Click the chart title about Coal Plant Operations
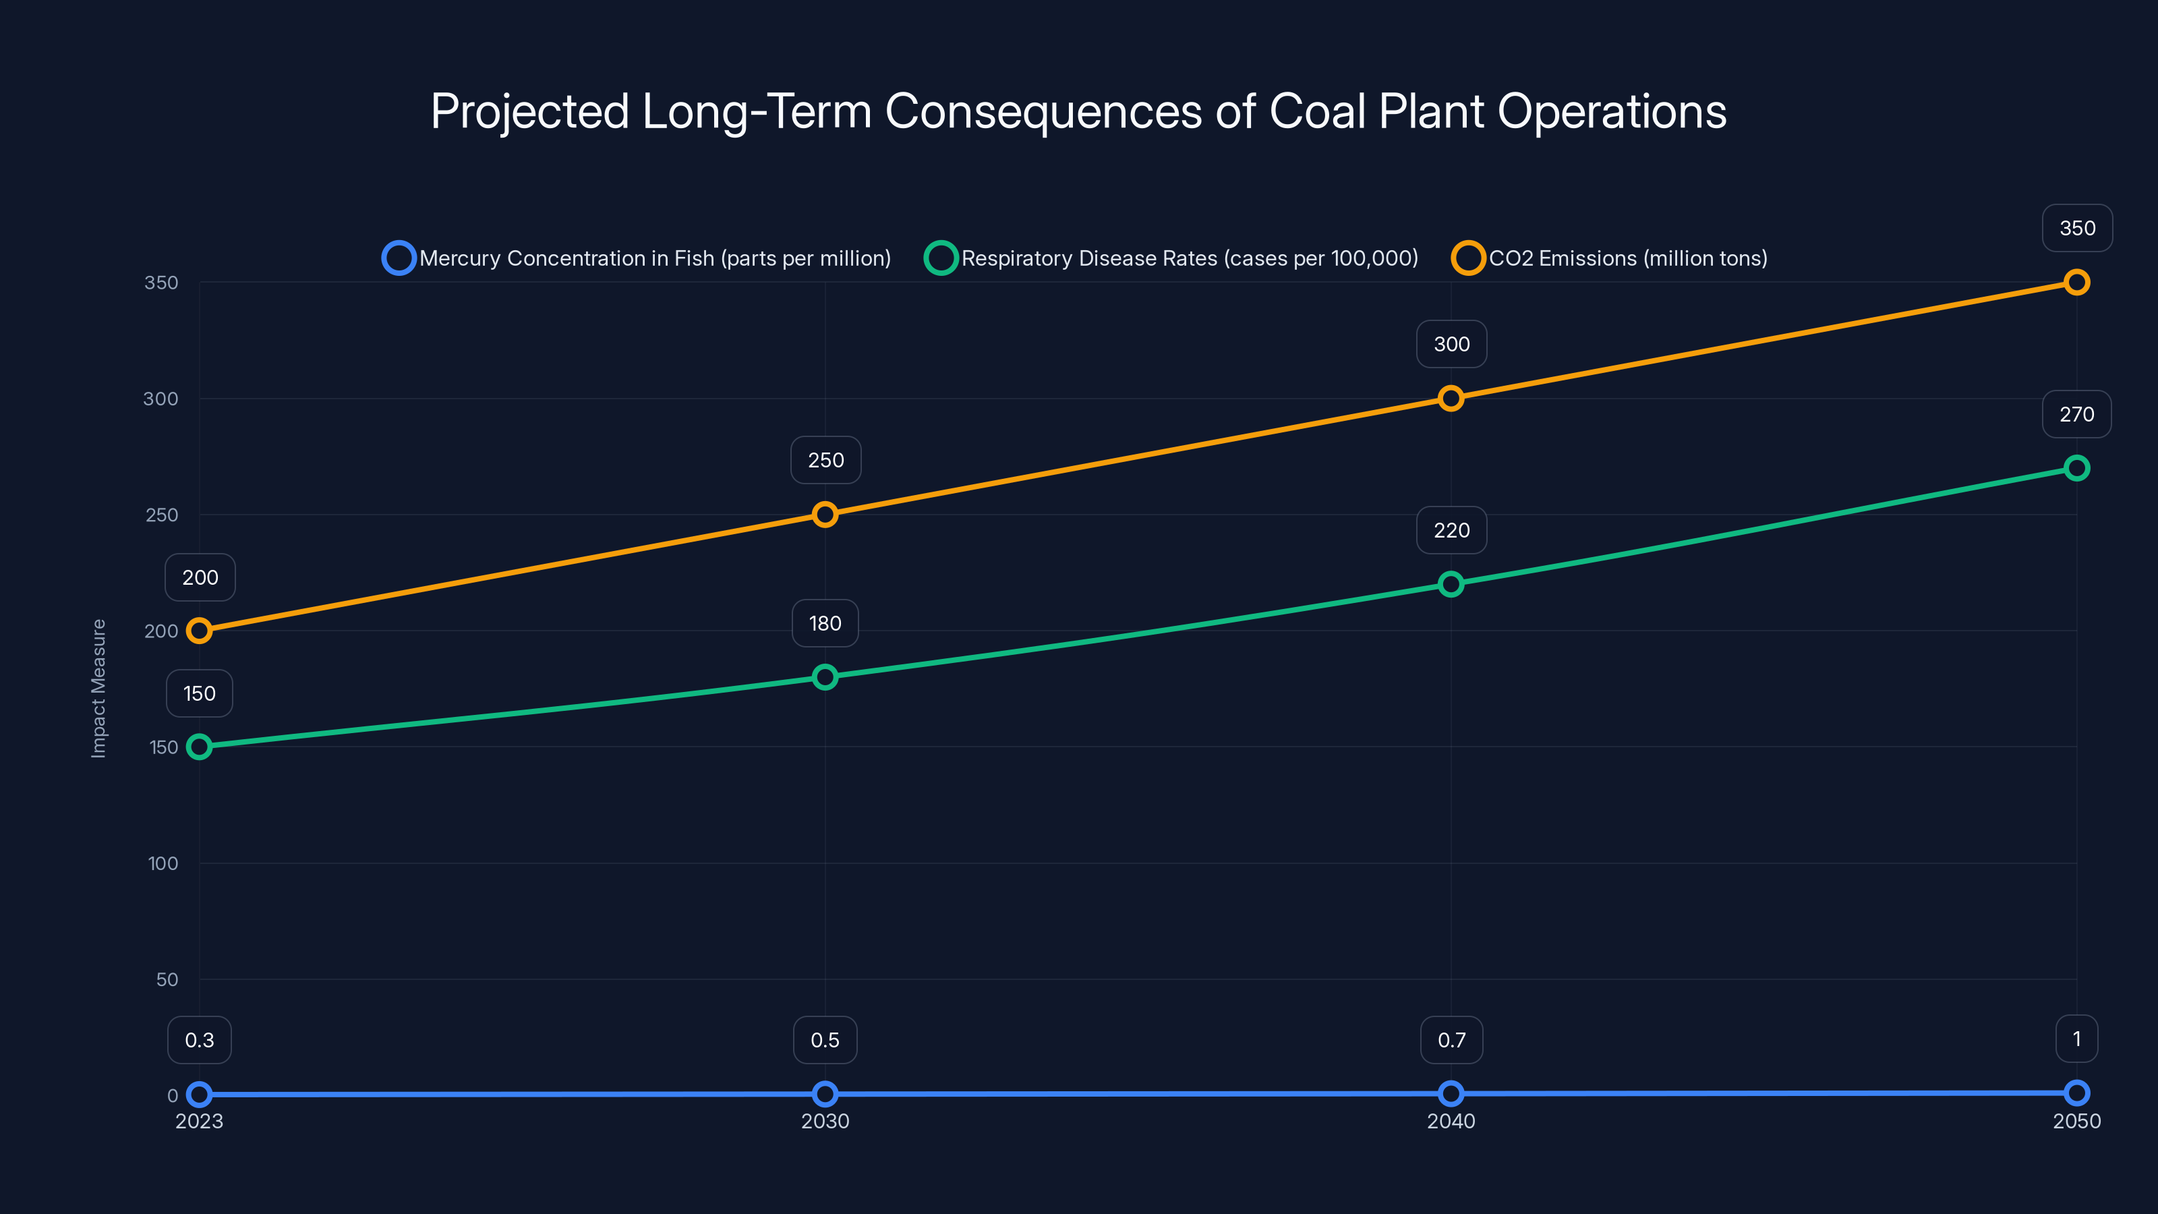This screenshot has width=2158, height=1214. coord(1078,111)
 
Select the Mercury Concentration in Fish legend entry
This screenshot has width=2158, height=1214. coord(637,258)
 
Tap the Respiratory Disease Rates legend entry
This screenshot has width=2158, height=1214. coord(1171,258)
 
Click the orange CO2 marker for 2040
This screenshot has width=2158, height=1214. coord(1451,398)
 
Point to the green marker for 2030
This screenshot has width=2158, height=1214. coord(825,677)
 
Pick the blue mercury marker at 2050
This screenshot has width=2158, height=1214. coord(2077,1093)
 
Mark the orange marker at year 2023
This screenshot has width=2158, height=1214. coord(200,631)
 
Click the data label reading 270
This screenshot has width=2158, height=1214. coord(2077,415)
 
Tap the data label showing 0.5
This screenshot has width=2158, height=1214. coord(825,1040)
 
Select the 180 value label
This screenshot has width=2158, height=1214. coord(825,623)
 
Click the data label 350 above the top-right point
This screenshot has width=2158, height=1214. coord(2078,228)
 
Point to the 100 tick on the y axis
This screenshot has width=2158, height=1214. coord(163,864)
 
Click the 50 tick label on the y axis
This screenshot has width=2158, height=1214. coord(167,979)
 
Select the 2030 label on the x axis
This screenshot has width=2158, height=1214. coord(825,1121)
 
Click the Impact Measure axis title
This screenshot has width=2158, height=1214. coord(99,689)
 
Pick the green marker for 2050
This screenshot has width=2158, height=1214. coord(2077,468)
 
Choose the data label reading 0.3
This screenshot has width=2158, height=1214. coord(200,1040)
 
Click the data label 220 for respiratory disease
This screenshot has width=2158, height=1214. coord(1452,530)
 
